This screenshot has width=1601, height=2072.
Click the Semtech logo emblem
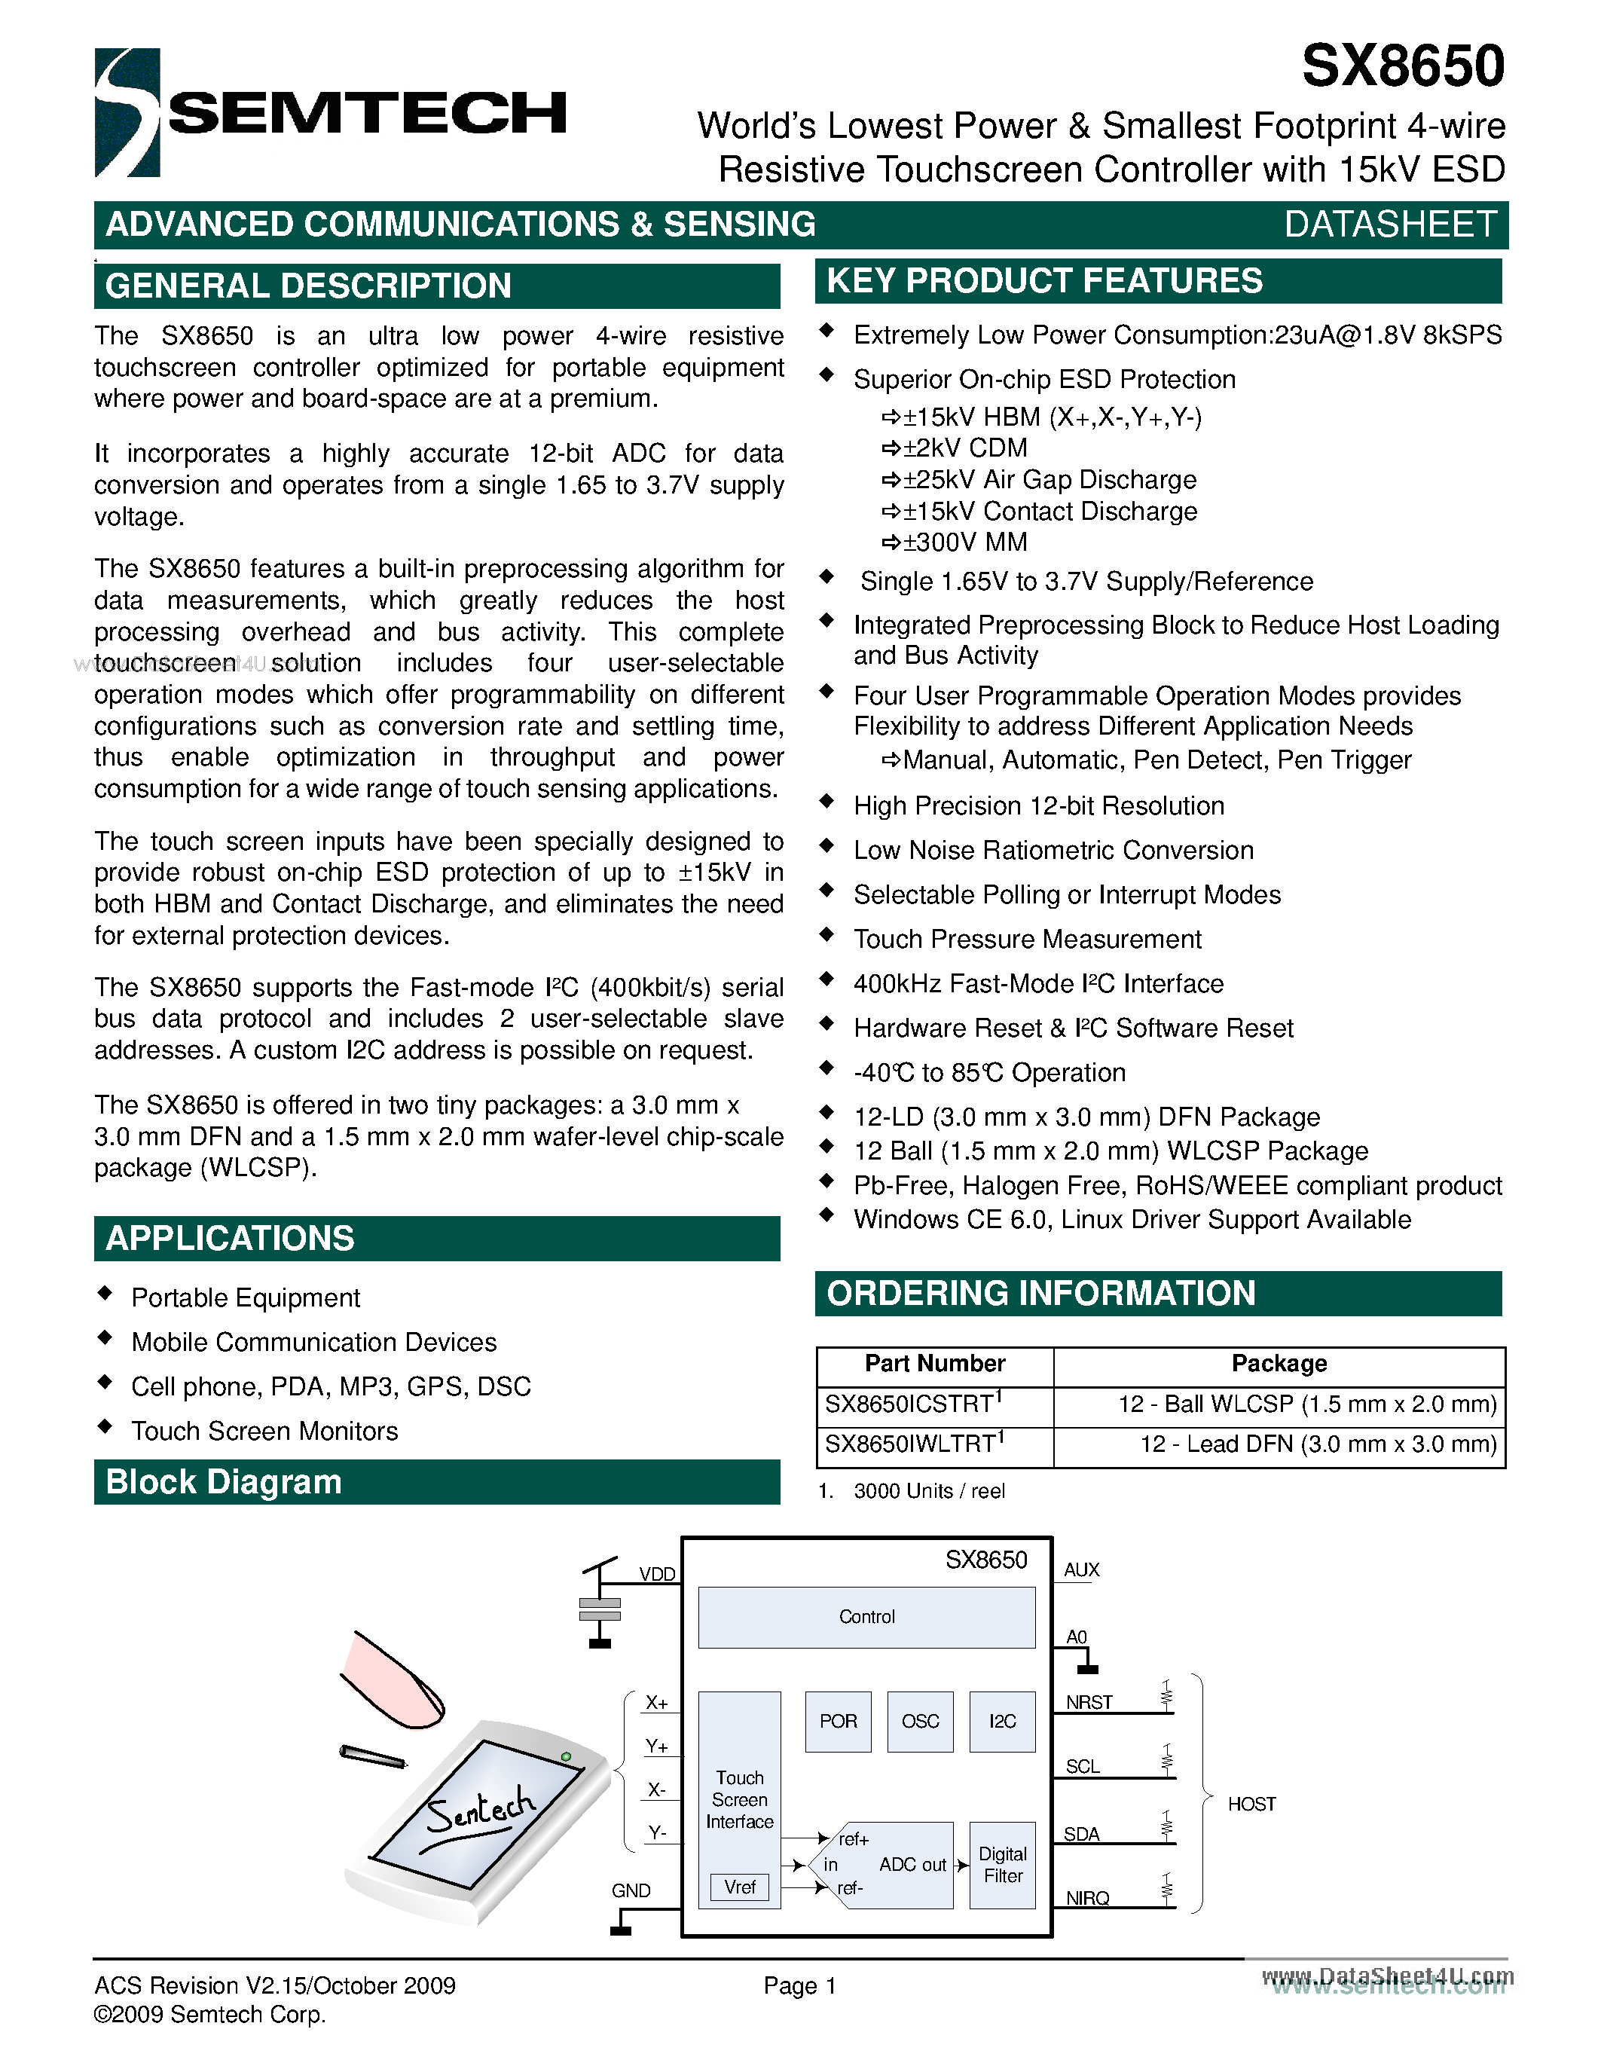pyautogui.click(x=127, y=112)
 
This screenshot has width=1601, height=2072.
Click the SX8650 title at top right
pyautogui.click(x=1402, y=66)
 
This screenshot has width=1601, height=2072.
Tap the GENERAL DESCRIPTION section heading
pyautogui.click(x=308, y=286)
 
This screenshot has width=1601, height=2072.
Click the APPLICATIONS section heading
pyautogui.click(x=230, y=1238)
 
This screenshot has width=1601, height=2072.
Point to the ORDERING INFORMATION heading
pyautogui.click(x=1040, y=1293)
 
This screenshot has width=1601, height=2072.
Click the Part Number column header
pyautogui.click(x=934, y=1363)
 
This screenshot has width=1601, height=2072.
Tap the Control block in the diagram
pyautogui.click(x=866, y=1617)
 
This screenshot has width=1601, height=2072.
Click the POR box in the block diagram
pyautogui.click(x=838, y=1721)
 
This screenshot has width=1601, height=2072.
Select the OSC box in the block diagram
pyautogui.click(x=920, y=1721)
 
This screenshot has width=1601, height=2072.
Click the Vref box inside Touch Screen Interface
pyautogui.click(x=740, y=1887)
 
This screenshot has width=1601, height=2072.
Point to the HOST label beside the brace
pyautogui.click(x=1251, y=1804)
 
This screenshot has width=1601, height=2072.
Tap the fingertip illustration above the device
pyautogui.click(x=392, y=1681)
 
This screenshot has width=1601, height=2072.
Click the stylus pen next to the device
pyautogui.click(x=374, y=1756)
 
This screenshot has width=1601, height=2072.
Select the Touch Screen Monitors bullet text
pyautogui.click(x=264, y=1431)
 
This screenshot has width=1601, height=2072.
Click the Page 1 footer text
pyautogui.click(x=799, y=1985)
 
